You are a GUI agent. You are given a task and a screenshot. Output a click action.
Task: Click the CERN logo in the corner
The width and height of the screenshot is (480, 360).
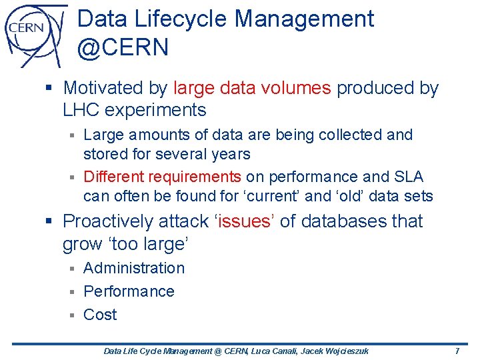[x=33, y=33]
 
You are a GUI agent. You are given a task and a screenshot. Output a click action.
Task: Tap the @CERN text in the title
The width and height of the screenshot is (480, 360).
[x=123, y=48]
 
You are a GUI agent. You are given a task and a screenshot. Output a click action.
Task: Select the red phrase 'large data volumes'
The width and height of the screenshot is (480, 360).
[x=252, y=88]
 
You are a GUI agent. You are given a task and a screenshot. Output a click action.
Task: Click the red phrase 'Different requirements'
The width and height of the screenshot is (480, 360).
[x=162, y=177]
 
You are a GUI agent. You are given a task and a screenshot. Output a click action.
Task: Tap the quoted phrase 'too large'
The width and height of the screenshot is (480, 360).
[x=125, y=245]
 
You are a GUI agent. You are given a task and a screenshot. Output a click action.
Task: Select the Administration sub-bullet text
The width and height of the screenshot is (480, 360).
[x=134, y=268]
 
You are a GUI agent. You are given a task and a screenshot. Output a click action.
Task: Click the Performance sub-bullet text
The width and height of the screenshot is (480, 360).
[x=129, y=291]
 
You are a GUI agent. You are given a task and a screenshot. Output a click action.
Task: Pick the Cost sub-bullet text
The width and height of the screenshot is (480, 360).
[x=100, y=315]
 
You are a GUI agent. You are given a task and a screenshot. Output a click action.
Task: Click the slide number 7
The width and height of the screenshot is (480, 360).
[x=457, y=351]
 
